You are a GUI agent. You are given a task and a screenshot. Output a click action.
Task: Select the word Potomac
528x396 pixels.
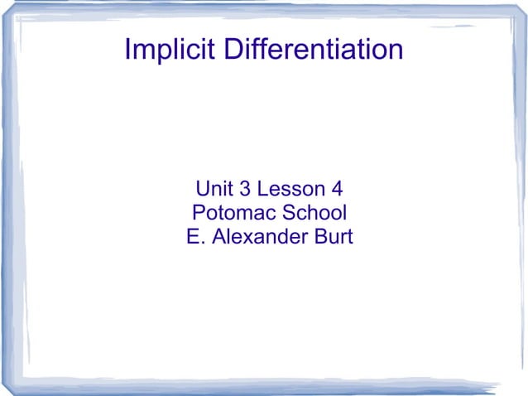coord(233,212)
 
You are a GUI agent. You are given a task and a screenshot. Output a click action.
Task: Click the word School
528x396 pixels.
coord(313,212)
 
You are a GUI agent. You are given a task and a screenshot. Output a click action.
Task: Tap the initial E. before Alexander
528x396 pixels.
coord(195,237)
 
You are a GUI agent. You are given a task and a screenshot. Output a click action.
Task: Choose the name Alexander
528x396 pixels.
coord(260,237)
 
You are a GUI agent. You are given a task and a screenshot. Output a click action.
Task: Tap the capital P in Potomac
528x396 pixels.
coord(199,212)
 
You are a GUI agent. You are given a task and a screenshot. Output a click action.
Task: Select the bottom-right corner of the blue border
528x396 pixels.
coord(521,386)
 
